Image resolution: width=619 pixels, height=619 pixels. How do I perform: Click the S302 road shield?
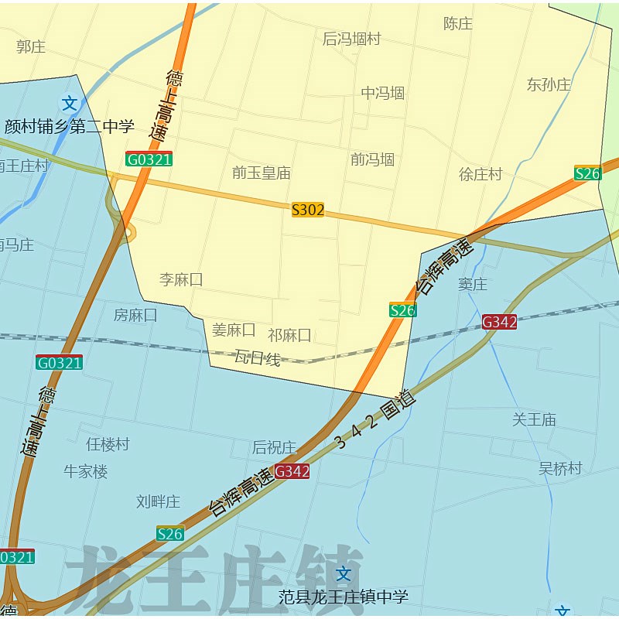[x=308, y=210]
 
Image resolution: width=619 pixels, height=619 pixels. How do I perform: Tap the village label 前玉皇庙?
[x=262, y=173]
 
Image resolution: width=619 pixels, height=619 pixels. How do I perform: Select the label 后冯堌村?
[x=351, y=39]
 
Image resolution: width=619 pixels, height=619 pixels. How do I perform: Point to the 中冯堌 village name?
[x=383, y=94]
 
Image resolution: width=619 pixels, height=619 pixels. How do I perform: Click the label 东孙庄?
[x=549, y=84]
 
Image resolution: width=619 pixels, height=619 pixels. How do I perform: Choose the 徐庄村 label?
[x=480, y=174]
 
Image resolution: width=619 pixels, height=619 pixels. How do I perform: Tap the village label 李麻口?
[x=181, y=279]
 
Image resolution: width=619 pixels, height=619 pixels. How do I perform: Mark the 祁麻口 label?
[x=289, y=335]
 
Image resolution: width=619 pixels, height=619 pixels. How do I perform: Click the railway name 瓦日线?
[x=257, y=358]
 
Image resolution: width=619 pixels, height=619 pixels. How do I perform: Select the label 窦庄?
[x=473, y=284]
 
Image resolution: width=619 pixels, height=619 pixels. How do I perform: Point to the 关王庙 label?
[x=534, y=419]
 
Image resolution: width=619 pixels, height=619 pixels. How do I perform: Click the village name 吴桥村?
[x=560, y=468]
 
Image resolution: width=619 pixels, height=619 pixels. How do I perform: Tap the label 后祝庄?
[x=274, y=447]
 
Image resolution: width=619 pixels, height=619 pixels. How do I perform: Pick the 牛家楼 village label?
[x=86, y=471]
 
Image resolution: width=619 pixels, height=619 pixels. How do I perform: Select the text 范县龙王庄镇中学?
[x=344, y=597]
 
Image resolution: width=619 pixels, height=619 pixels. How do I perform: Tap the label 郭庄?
[x=31, y=46]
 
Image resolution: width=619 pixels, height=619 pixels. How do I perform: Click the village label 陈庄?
[x=458, y=24]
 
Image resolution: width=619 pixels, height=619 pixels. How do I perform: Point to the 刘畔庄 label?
[x=158, y=501]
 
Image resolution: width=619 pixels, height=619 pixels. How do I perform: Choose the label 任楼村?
[x=108, y=444]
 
